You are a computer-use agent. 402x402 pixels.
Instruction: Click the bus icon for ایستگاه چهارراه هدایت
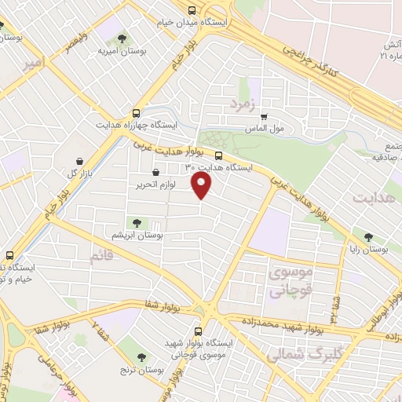pos(137,113)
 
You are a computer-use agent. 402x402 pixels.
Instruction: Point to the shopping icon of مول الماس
pos(265,116)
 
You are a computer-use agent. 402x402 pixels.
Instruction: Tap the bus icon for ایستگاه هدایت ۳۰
pos(218,155)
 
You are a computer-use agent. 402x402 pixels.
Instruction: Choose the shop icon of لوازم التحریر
pos(155,172)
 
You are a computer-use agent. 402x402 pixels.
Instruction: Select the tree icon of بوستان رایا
pos(367,235)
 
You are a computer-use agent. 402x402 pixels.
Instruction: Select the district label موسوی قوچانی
pos(291,280)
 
